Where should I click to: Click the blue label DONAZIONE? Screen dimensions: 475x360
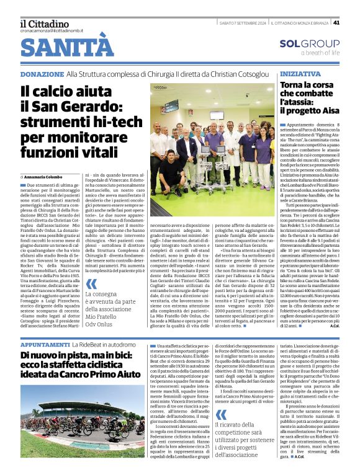click(42, 74)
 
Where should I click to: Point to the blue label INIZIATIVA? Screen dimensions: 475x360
click(300, 73)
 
